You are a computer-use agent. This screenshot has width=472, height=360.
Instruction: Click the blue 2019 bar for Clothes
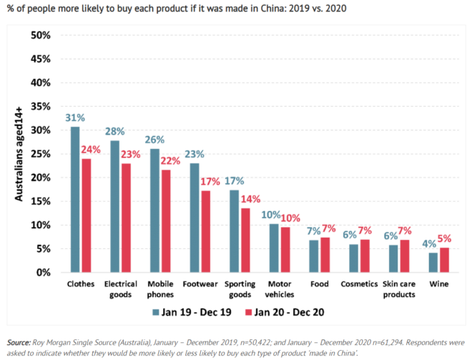pyautogui.click(x=75, y=200)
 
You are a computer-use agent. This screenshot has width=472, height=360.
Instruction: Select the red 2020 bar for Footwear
pyautogui.click(x=205, y=232)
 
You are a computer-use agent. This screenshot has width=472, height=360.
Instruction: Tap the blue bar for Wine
pyautogui.click(x=433, y=263)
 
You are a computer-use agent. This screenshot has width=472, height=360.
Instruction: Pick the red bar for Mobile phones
pyautogui.click(x=165, y=221)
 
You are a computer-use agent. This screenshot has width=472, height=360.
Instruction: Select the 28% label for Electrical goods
pyautogui.click(x=114, y=132)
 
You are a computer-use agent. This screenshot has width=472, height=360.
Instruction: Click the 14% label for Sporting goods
pyautogui.click(x=245, y=200)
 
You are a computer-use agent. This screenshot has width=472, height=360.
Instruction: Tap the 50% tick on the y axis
pyautogui.click(x=40, y=35)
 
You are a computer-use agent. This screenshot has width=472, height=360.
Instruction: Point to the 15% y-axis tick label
pyautogui.click(x=40, y=201)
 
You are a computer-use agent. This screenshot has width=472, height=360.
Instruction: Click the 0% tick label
pyautogui.click(x=43, y=273)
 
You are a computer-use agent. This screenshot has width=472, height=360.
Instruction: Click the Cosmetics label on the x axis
pyautogui.click(x=359, y=283)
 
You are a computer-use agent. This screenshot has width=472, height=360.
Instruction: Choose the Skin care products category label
pyautogui.click(x=399, y=288)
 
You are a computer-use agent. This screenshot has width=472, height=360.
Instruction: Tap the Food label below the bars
pyautogui.click(x=319, y=283)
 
